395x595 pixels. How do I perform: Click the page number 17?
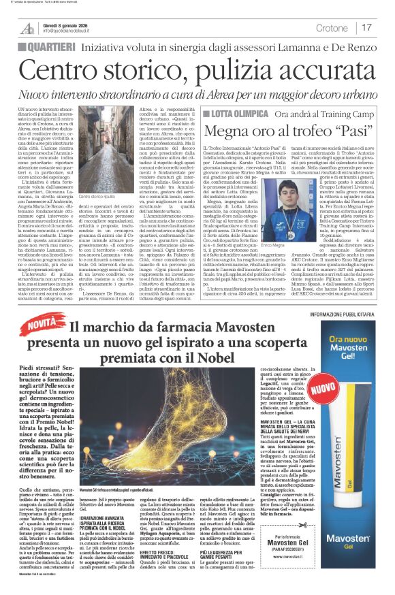pos(367,27)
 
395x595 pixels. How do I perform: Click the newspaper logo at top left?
pos(27,28)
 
